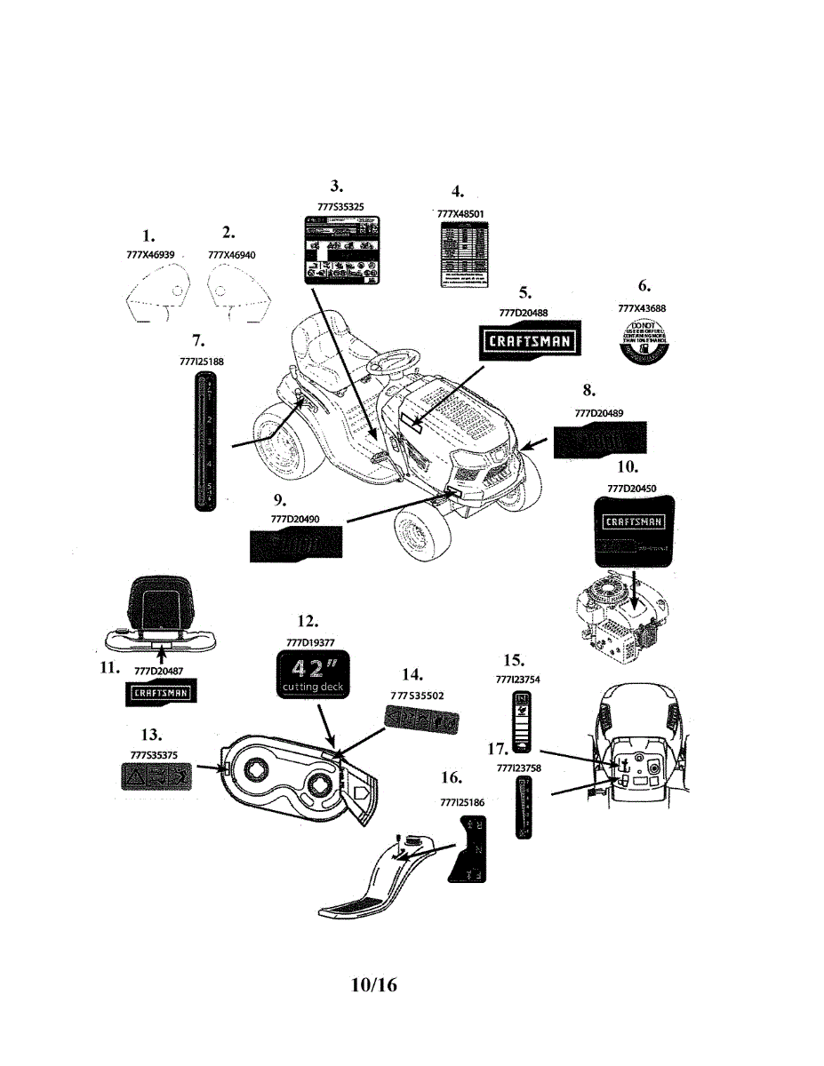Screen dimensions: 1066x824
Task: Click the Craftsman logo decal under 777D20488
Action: point(526,339)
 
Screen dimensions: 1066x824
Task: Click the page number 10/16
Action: point(374,985)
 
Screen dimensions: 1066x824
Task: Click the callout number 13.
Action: point(151,735)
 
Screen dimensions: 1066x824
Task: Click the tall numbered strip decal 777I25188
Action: point(204,441)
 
